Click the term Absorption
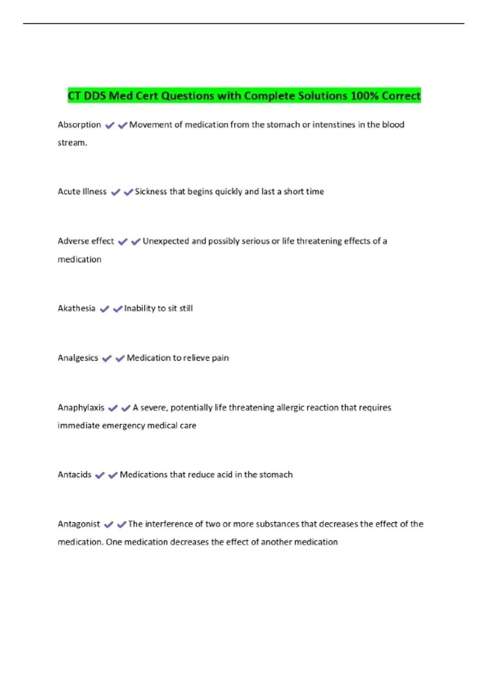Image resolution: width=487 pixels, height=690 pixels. coord(79,125)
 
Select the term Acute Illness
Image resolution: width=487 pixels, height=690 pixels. coord(82,192)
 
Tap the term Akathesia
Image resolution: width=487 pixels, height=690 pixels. coord(76,308)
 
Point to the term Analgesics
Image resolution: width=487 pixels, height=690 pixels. coord(78,358)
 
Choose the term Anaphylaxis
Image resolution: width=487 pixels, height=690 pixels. coord(81,408)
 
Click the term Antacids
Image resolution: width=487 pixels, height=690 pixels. coord(74,474)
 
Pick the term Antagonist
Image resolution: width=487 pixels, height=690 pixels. coord(79,524)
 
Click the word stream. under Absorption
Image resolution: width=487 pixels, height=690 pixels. coord(72,143)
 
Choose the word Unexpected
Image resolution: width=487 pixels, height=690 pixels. coord(166,241)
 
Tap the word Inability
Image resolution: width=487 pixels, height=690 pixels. coord(139,308)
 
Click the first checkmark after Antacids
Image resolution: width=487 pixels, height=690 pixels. coord(100,475)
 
